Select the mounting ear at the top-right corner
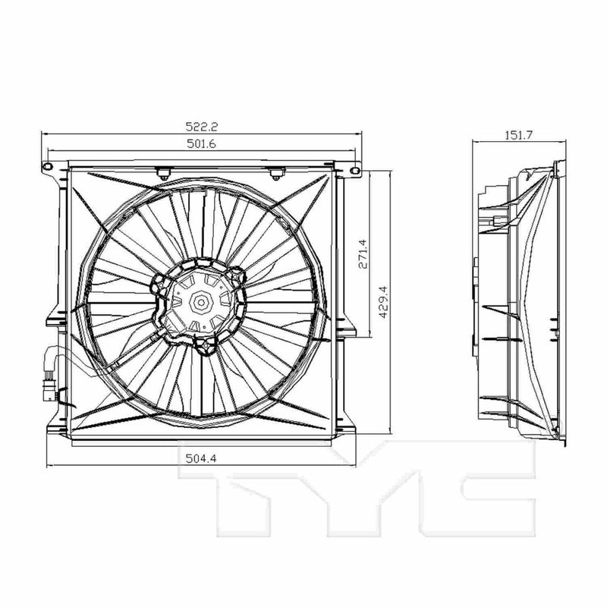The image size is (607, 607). [x=354, y=171]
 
